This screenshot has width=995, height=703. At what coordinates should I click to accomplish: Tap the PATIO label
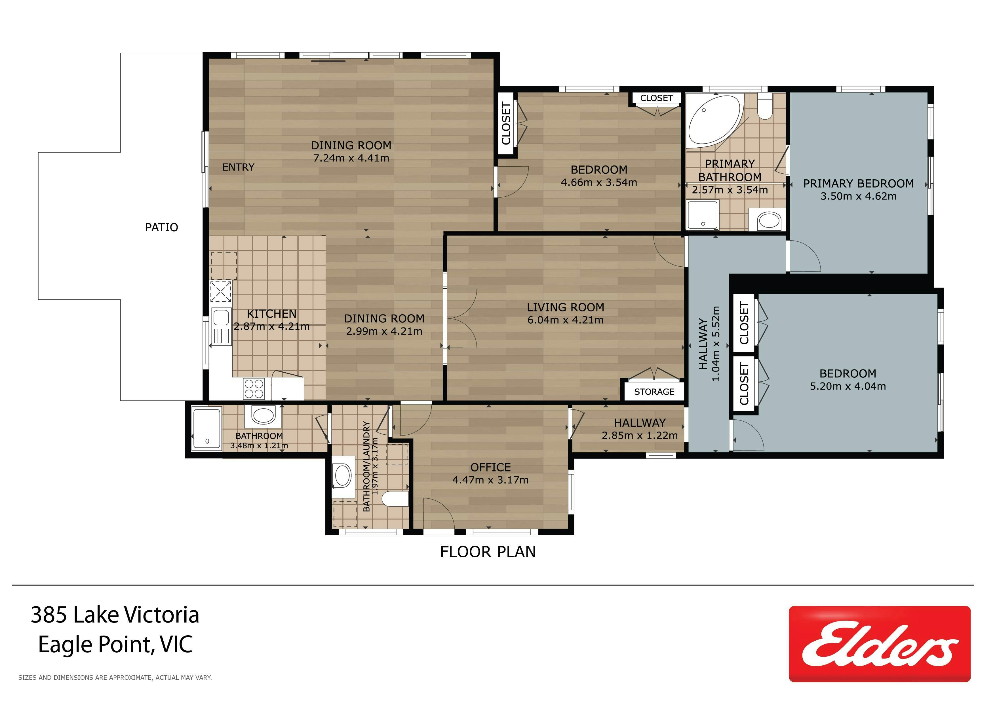pyautogui.click(x=162, y=227)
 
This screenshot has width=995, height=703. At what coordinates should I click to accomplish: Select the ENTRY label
pyautogui.click(x=238, y=167)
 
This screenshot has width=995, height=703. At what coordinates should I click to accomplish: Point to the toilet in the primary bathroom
pyautogui.click(x=765, y=107)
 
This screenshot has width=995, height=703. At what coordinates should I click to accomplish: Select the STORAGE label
pyautogui.click(x=654, y=392)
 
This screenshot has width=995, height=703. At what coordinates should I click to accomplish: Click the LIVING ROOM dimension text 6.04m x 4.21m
pyautogui.click(x=566, y=320)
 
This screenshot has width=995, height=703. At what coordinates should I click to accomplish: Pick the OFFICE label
pyautogui.click(x=491, y=468)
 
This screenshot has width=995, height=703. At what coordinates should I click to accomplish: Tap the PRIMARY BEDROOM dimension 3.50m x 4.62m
pyautogui.click(x=859, y=196)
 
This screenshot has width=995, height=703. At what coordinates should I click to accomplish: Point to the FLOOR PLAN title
pyautogui.click(x=488, y=552)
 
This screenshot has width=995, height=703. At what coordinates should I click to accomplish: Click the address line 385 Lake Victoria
pyautogui.click(x=115, y=615)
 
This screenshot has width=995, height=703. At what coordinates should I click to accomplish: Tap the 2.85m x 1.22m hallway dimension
pyautogui.click(x=640, y=436)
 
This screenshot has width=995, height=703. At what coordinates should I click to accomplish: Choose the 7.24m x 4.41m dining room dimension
pyautogui.click(x=351, y=158)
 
